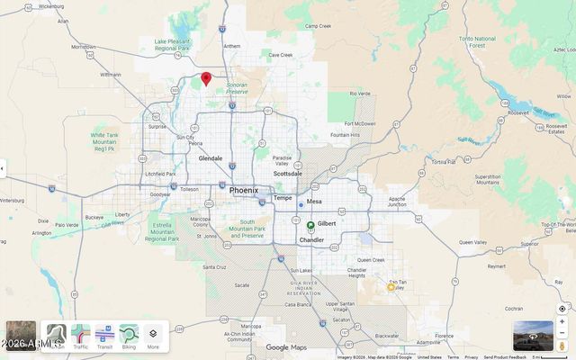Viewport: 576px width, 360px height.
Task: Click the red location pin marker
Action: (206, 79)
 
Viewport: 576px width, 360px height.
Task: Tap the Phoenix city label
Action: (244, 191)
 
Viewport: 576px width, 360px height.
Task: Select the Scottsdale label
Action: (288, 174)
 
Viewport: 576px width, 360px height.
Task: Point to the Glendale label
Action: (211, 158)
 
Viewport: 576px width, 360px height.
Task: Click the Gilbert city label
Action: (327, 223)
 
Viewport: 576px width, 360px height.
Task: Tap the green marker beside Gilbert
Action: (310, 225)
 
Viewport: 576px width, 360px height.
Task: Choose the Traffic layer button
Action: (81, 336)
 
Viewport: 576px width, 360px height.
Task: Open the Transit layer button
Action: (104, 336)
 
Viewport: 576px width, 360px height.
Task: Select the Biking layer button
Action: (129, 336)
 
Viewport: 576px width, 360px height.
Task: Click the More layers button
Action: (153, 336)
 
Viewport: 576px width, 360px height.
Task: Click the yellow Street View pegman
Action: (562, 346)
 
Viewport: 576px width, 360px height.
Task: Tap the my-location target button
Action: (562, 309)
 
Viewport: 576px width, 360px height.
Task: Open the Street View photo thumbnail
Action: (534, 336)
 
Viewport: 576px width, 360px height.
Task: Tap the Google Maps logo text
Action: (286, 347)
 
